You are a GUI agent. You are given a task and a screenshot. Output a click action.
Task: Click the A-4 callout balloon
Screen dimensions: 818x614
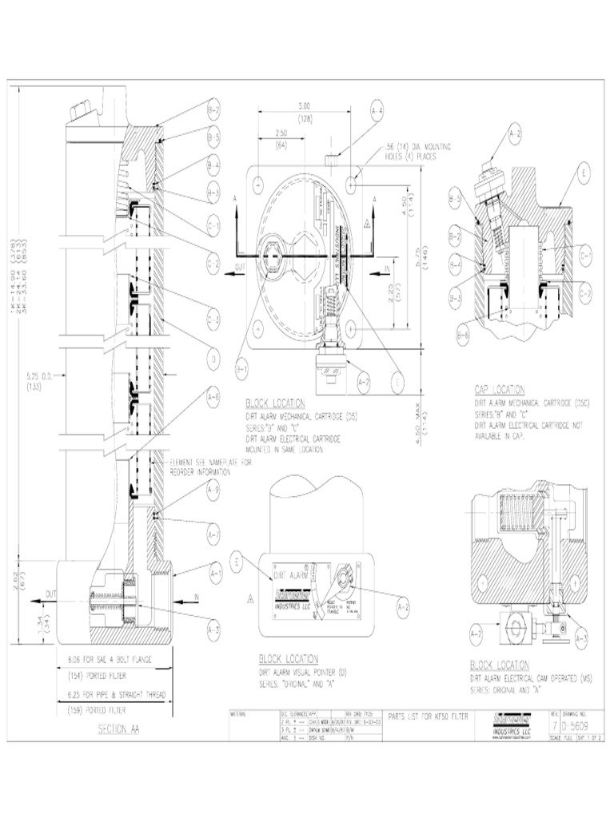pyautogui.click(x=377, y=111)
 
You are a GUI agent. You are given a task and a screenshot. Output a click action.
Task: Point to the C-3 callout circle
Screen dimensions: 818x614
pyautogui.click(x=213, y=321)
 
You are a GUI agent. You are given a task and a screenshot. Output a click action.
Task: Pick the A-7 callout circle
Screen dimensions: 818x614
pyautogui.click(x=213, y=533)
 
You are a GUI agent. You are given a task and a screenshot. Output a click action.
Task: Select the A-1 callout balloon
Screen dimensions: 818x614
pyautogui.click(x=213, y=572)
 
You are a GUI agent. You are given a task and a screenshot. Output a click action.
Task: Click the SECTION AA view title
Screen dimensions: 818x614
pyautogui.click(x=118, y=729)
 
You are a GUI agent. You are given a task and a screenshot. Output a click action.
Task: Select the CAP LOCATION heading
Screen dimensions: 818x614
pyautogui.click(x=500, y=390)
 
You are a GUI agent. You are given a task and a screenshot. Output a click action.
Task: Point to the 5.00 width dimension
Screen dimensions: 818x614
pyautogui.click(x=305, y=105)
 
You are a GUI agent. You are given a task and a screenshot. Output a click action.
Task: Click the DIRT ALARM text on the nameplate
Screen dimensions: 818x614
pyautogui.click(x=290, y=575)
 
